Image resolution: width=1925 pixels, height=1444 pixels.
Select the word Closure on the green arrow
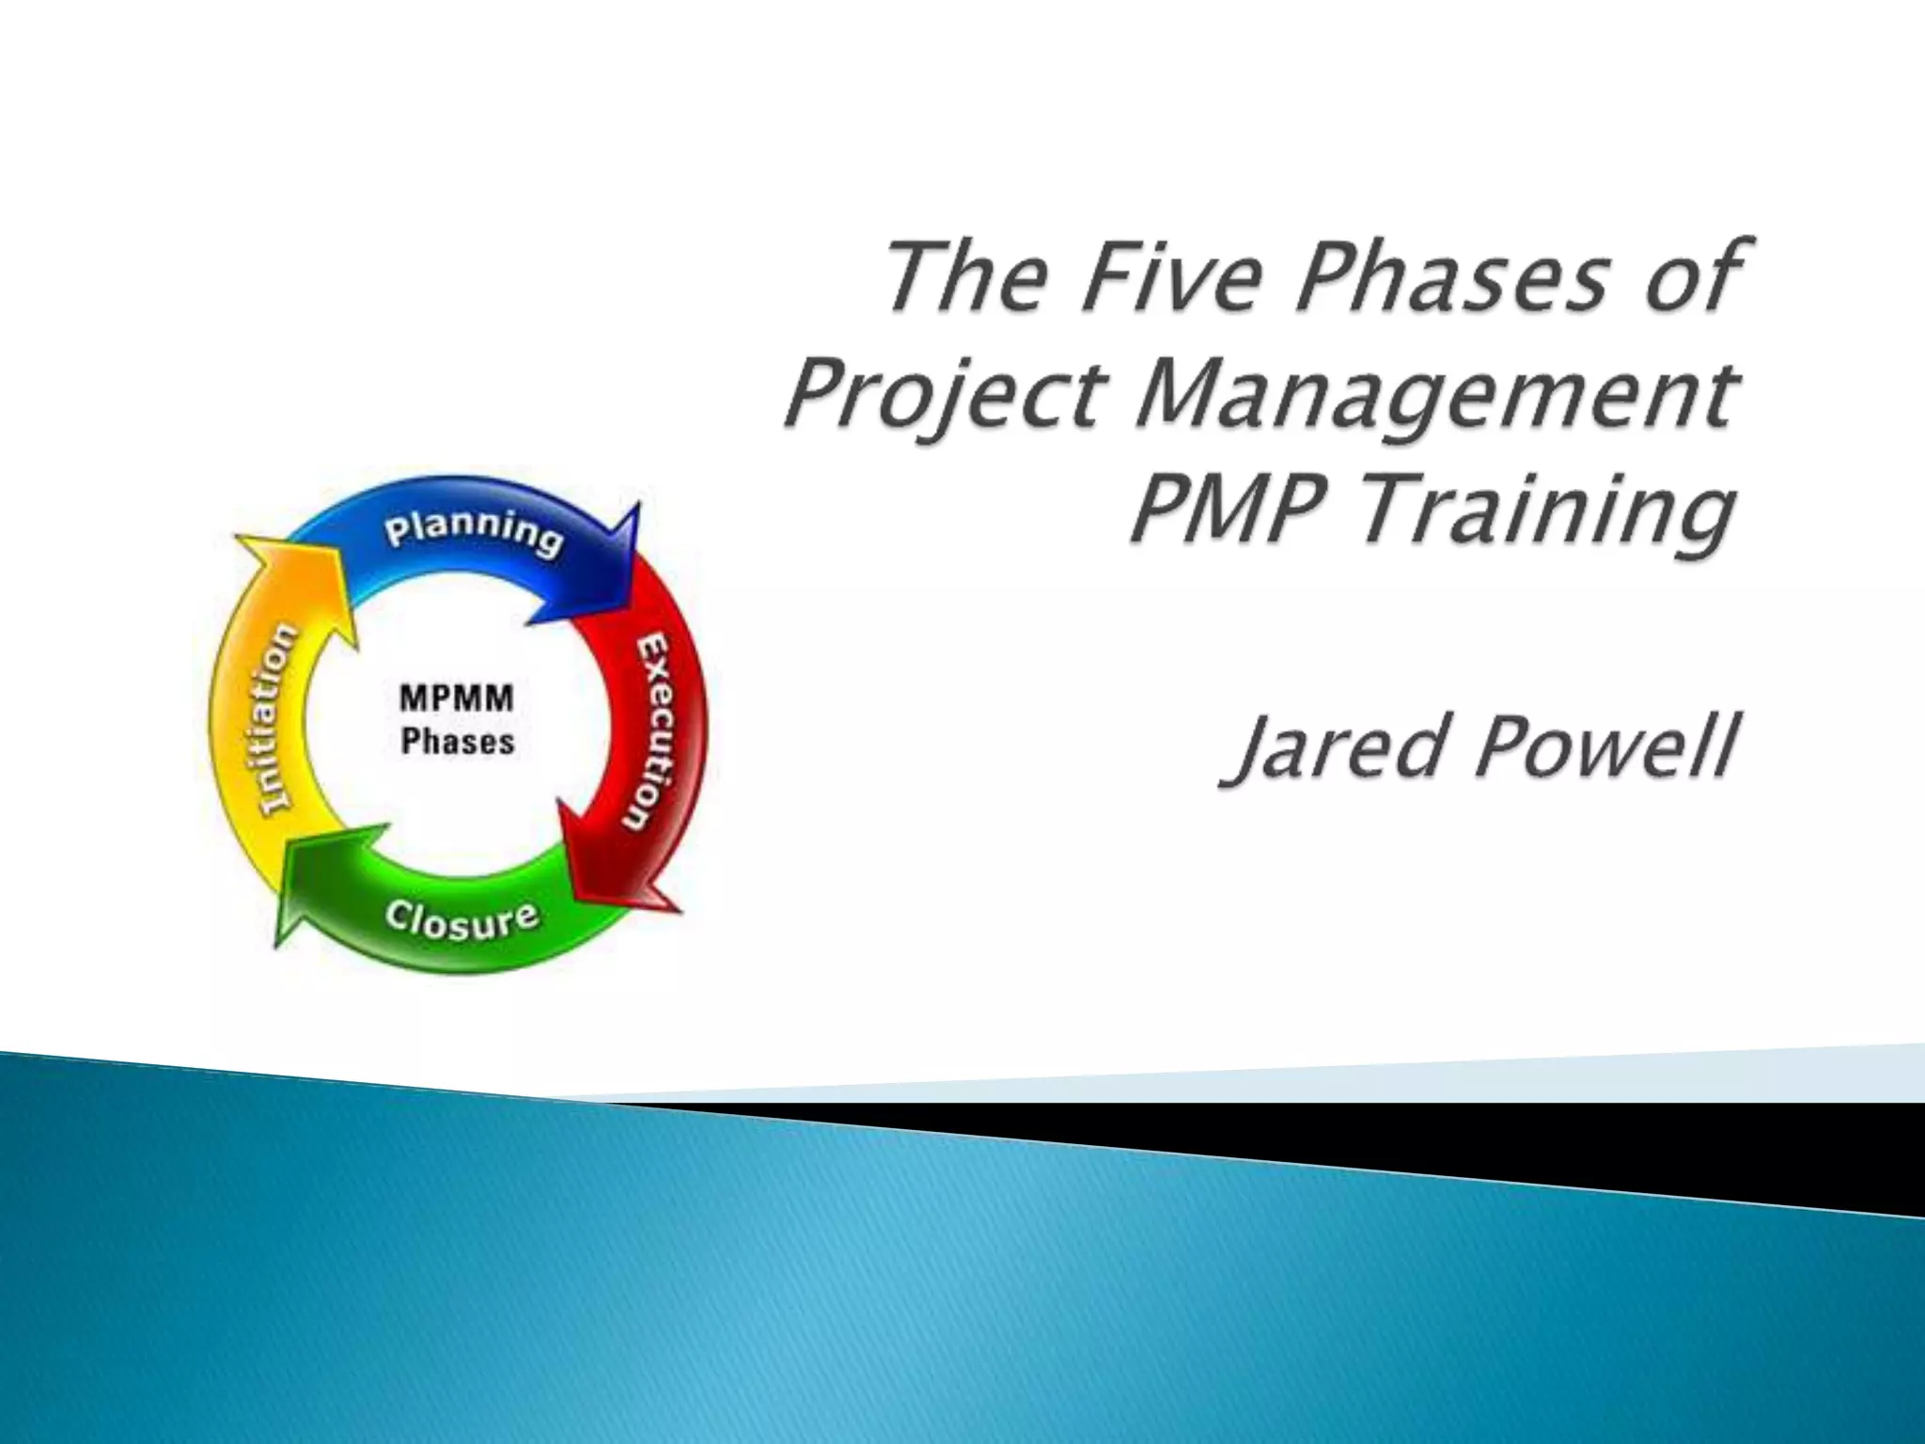[462, 920]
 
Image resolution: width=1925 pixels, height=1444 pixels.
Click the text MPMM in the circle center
[457, 699]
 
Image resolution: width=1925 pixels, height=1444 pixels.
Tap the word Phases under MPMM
[458, 742]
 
